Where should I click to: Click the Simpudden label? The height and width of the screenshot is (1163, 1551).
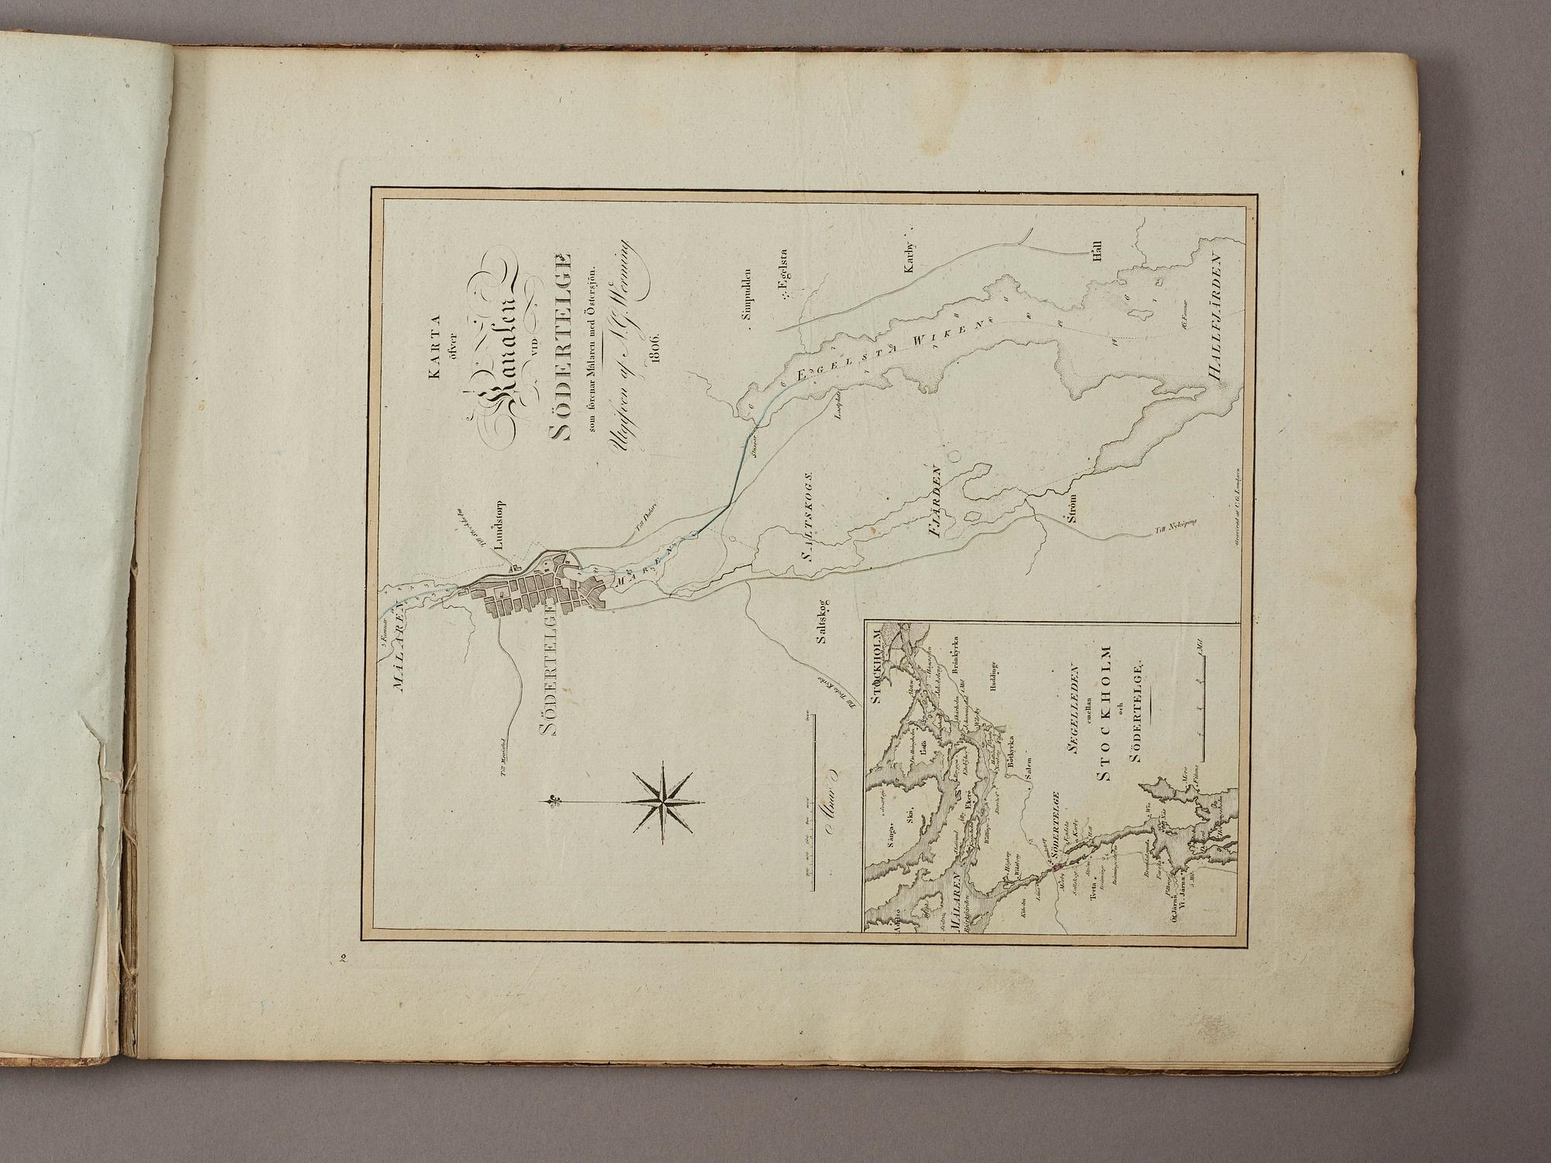pos(748,292)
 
